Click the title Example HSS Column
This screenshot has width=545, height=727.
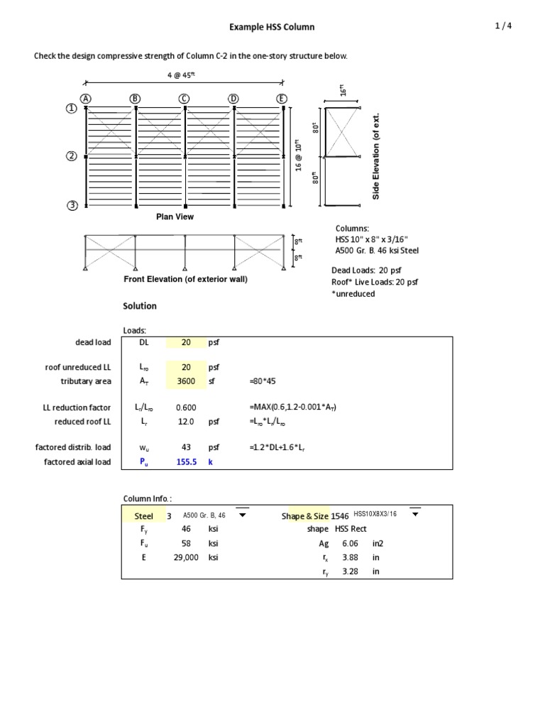(272, 27)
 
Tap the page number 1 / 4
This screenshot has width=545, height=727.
(503, 26)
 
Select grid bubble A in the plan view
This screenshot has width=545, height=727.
(86, 98)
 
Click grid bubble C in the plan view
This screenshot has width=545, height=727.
(185, 98)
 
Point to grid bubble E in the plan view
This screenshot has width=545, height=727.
(282, 98)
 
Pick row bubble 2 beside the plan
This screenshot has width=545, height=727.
(72, 156)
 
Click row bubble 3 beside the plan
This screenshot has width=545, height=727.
(72, 206)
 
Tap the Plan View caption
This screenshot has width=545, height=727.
(175, 217)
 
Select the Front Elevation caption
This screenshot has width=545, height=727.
(185, 279)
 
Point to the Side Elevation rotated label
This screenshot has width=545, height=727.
(376, 155)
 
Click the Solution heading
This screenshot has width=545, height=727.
(140, 306)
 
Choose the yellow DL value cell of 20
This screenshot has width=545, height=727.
(186, 342)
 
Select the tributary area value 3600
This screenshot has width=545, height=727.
(186, 381)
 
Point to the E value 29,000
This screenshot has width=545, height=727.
(186, 558)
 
